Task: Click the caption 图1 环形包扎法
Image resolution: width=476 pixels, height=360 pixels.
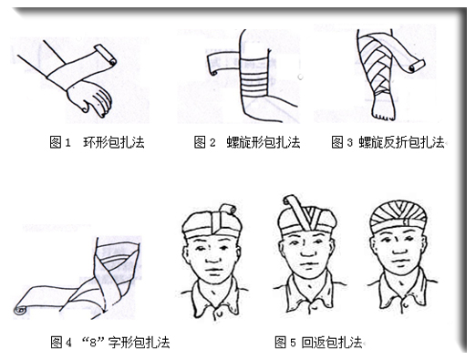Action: pos(98,143)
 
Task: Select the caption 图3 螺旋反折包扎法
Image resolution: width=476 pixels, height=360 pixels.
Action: pos(388,143)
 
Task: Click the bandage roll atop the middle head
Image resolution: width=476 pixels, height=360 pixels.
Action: pos(292,202)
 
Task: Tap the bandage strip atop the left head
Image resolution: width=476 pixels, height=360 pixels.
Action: pos(219,219)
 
